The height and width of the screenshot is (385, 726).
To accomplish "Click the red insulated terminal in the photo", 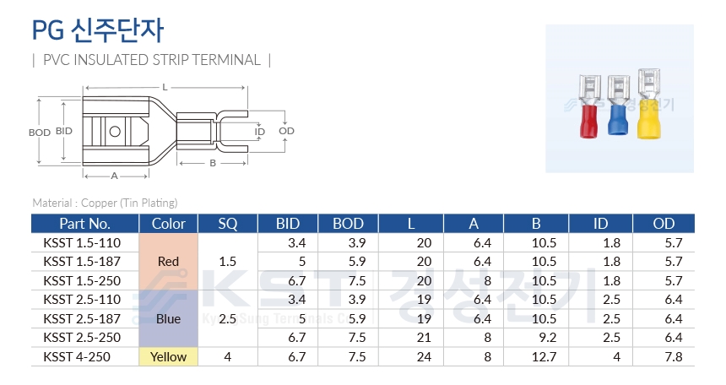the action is [589, 106].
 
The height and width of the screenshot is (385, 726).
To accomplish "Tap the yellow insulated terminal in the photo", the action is [648, 104].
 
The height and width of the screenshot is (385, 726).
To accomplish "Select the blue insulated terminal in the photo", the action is [618, 106].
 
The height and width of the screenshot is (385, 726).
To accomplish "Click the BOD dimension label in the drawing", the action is [40, 133].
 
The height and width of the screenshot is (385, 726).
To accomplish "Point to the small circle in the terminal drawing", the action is [115, 132].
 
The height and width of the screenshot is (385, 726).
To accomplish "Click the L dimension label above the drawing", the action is [165, 87].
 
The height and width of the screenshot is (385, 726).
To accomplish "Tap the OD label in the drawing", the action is [287, 131].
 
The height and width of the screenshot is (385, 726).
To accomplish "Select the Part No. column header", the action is [84, 224].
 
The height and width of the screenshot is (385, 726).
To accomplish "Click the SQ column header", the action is [228, 224].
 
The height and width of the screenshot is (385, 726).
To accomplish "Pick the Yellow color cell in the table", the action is [168, 357].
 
